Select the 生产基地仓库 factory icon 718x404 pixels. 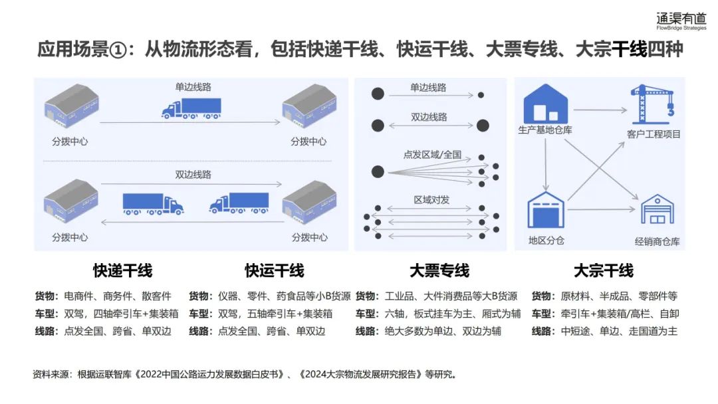click(x=545, y=102)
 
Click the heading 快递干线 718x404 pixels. click(x=122, y=271)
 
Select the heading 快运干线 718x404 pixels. click(x=275, y=271)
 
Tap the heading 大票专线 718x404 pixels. click(x=439, y=271)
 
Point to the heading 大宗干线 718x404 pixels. click(x=604, y=271)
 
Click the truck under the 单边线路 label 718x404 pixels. click(x=191, y=108)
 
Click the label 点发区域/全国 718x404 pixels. click(x=432, y=154)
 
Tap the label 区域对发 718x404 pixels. click(x=432, y=200)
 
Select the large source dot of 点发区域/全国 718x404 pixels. click(x=378, y=172)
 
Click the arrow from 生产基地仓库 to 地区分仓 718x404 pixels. click(x=546, y=163)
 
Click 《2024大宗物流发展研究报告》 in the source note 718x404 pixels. click(x=360, y=375)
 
